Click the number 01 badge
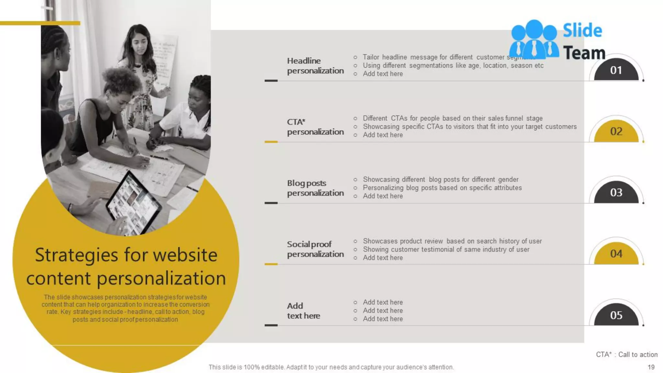616,70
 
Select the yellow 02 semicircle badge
616,131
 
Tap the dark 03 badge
616,193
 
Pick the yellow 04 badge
616,254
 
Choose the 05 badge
616,315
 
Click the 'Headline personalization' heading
315,66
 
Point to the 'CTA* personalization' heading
315,127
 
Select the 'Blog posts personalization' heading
315,188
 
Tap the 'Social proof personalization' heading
315,249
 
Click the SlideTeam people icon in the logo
534,39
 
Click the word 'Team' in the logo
584,53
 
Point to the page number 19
651,367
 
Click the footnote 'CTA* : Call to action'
626,355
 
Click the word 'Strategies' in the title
76,255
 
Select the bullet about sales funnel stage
452,119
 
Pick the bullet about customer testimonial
446,250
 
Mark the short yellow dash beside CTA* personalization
271,142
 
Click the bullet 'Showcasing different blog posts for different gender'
440,180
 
